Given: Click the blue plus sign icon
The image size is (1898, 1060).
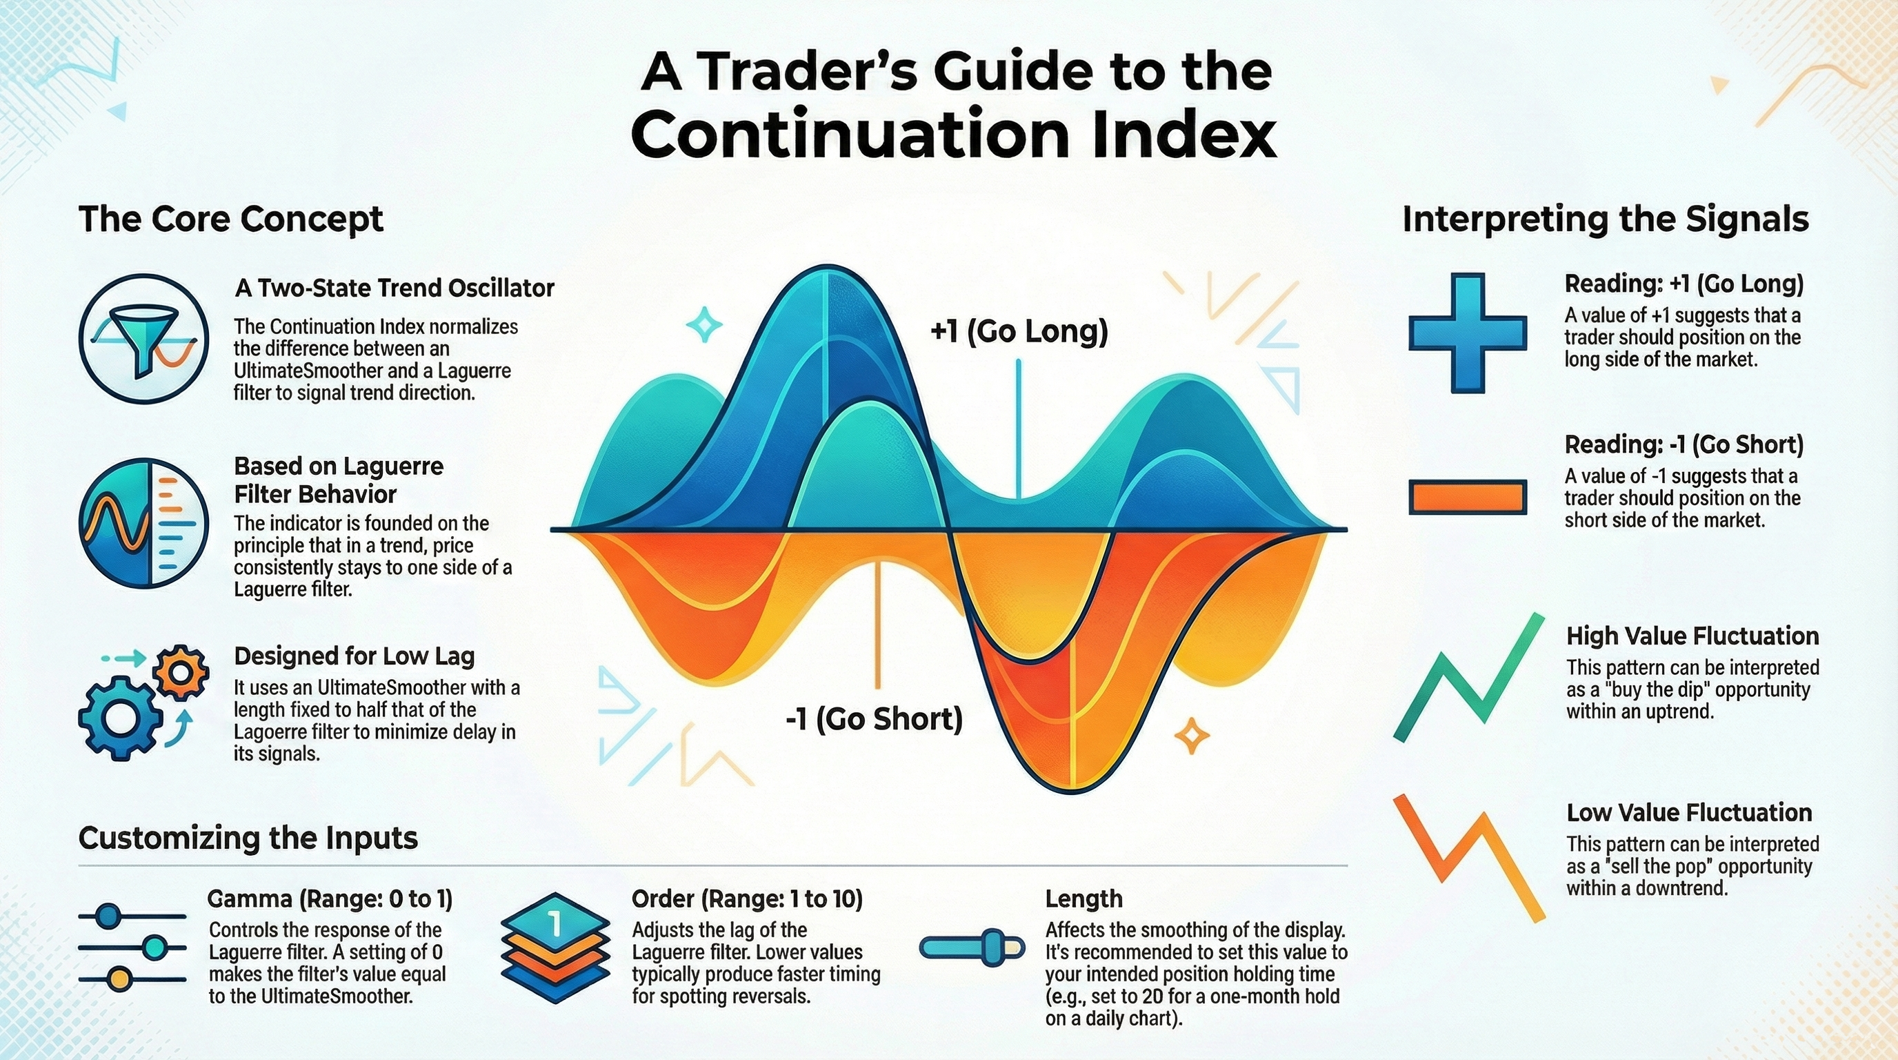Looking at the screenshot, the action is [x=1467, y=333].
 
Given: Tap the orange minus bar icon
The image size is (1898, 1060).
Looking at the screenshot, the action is [x=1467, y=496].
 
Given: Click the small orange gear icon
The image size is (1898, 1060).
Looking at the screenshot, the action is [x=181, y=672].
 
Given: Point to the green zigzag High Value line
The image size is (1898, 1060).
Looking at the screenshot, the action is [x=1468, y=677].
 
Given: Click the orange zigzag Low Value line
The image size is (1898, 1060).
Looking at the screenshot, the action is [x=1468, y=857].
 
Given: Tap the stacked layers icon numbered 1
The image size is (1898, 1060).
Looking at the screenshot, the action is [x=556, y=948].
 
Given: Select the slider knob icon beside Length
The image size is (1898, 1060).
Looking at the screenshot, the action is [x=972, y=948].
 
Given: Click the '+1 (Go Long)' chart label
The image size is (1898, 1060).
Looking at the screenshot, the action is [x=1019, y=332].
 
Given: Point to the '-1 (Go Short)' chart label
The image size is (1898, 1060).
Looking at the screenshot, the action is [x=874, y=718].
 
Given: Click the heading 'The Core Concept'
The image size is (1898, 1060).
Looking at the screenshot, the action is [x=230, y=219].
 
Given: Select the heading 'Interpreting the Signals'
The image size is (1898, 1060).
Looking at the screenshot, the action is [x=1606, y=219].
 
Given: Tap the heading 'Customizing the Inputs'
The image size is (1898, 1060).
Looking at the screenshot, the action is [x=248, y=838].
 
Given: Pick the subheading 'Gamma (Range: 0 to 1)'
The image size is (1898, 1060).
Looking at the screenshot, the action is [x=330, y=899].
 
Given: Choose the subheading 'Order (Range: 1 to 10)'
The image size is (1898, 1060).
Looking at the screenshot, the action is [x=747, y=899].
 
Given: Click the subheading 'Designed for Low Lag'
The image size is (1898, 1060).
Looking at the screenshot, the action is [x=354, y=656].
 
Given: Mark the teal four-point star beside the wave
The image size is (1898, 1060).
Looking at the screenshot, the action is [x=703, y=324].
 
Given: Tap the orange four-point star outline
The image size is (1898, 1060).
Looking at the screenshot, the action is [x=1191, y=736].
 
